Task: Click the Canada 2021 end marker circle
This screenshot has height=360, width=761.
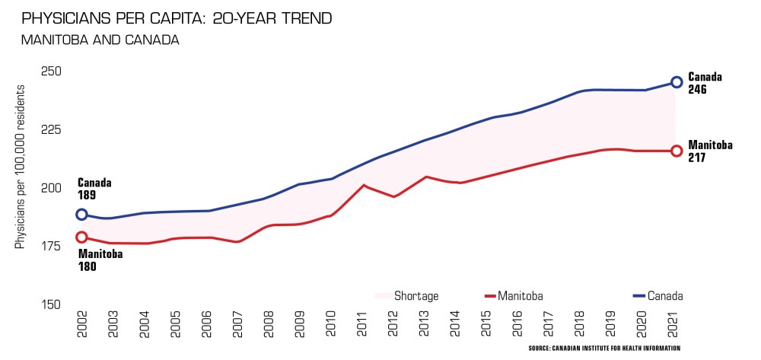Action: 677,82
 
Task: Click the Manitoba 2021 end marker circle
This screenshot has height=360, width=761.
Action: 677,151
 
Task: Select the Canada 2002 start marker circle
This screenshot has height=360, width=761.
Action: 81,215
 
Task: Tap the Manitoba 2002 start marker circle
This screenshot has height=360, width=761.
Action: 81,237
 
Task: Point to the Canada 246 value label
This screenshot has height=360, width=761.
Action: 705,83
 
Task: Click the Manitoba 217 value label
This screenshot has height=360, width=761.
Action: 710,151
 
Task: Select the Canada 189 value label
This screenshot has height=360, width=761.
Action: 94,189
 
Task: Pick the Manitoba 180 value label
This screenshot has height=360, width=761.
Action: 100,260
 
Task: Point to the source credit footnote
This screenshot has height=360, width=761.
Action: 603,348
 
